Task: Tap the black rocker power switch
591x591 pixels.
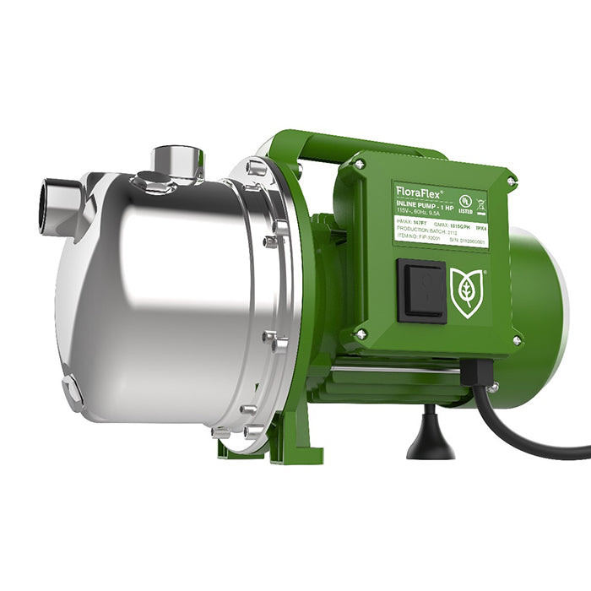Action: pos(421,290)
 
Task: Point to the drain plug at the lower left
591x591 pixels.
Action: pos(73,392)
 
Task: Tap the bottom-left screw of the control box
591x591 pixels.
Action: pos(361,335)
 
